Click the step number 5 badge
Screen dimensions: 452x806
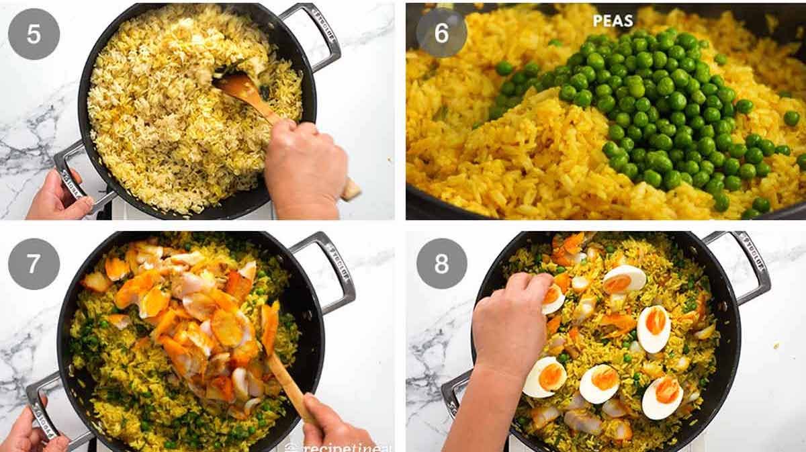point(34,34)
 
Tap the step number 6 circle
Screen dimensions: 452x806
point(441,33)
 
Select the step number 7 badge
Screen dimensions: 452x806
point(34,263)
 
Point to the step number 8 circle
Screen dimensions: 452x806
point(441,263)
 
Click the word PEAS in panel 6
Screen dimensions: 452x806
point(613,21)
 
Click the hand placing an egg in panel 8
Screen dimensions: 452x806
point(510,322)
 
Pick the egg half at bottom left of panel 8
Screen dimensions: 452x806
point(544,376)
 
